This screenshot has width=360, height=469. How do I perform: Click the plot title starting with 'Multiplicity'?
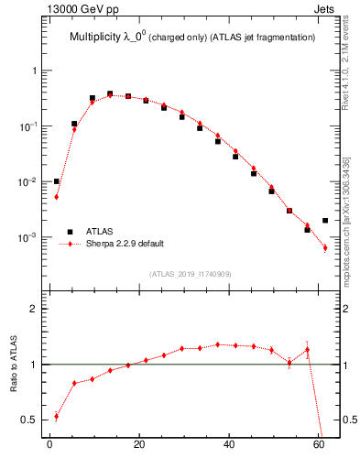pyautogui.click(x=192, y=38)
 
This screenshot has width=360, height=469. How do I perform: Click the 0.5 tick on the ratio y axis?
pyautogui.click(x=31, y=420)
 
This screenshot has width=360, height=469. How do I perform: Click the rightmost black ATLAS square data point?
pyautogui.click(x=325, y=220)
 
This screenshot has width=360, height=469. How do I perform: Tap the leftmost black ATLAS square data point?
pyautogui.click(x=57, y=181)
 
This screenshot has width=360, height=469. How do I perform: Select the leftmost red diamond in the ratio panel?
pyautogui.click(x=57, y=416)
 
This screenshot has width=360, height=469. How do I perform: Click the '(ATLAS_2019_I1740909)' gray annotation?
pyautogui.click(x=191, y=274)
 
